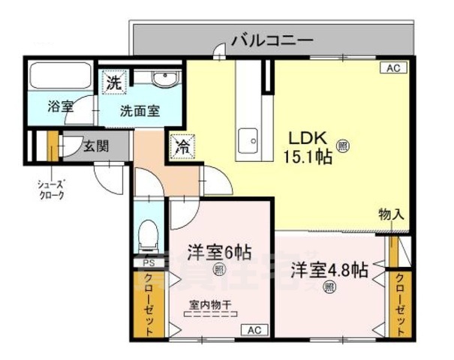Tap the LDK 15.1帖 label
click(307, 148)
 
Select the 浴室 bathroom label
click(60, 106)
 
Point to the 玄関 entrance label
click(95, 145)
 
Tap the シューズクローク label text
click(50, 188)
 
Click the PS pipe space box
click(149, 263)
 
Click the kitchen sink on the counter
click(248, 139)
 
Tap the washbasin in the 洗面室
click(162, 80)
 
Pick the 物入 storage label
click(392, 212)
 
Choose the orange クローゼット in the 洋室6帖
click(148, 303)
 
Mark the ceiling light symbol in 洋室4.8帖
click(329, 287)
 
